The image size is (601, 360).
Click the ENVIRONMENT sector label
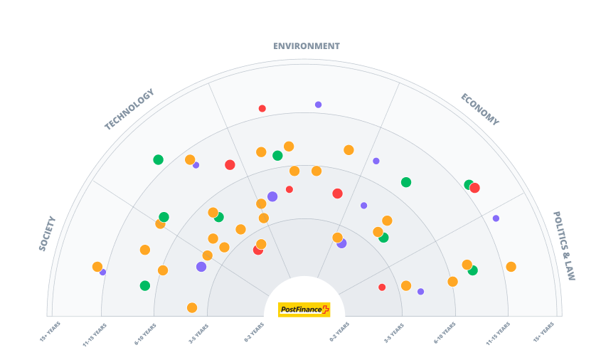coord(306,46)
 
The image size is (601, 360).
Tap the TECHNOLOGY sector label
coord(129,110)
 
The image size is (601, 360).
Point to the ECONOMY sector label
coord(479,110)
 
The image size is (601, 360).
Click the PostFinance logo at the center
coord(304,309)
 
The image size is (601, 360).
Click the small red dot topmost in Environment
coord(262,109)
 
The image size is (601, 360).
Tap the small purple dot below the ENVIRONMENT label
coord(318,105)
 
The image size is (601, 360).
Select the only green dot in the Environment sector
coord(277,156)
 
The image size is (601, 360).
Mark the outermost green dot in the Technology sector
coord(158,159)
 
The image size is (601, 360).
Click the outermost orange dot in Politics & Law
coord(511,267)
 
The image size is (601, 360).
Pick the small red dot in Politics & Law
coord(382,287)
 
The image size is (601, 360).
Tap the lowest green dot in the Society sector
coord(145,286)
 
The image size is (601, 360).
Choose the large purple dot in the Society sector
coord(201,267)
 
